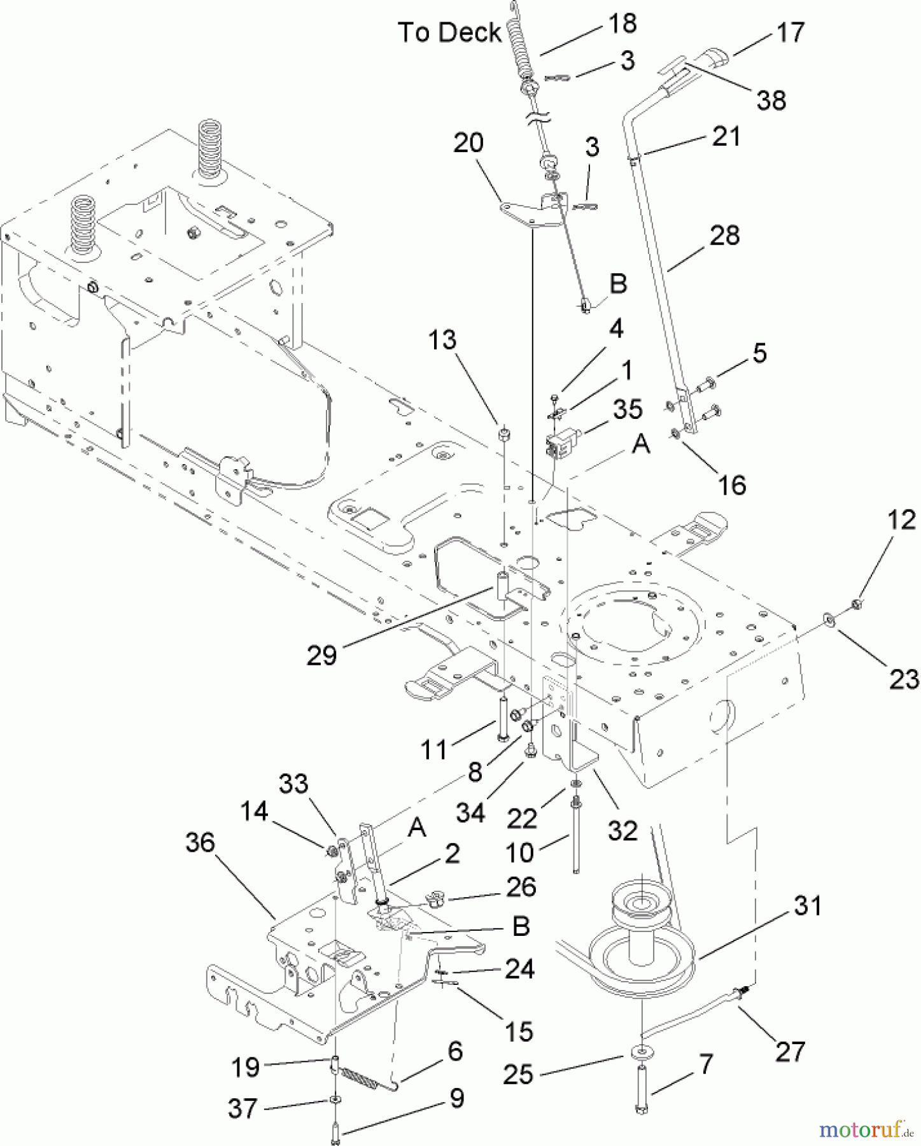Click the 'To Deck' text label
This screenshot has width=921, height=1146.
pyautogui.click(x=449, y=32)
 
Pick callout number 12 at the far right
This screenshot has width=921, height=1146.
pyautogui.click(x=901, y=520)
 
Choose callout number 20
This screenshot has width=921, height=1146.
pyautogui.click(x=468, y=143)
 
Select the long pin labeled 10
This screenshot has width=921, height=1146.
pyautogui.click(x=575, y=837)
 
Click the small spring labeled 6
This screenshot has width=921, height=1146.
pyautogui.click(x=361, y=1075)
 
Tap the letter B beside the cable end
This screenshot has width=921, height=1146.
pyautogui.click(x=618, y=283)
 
